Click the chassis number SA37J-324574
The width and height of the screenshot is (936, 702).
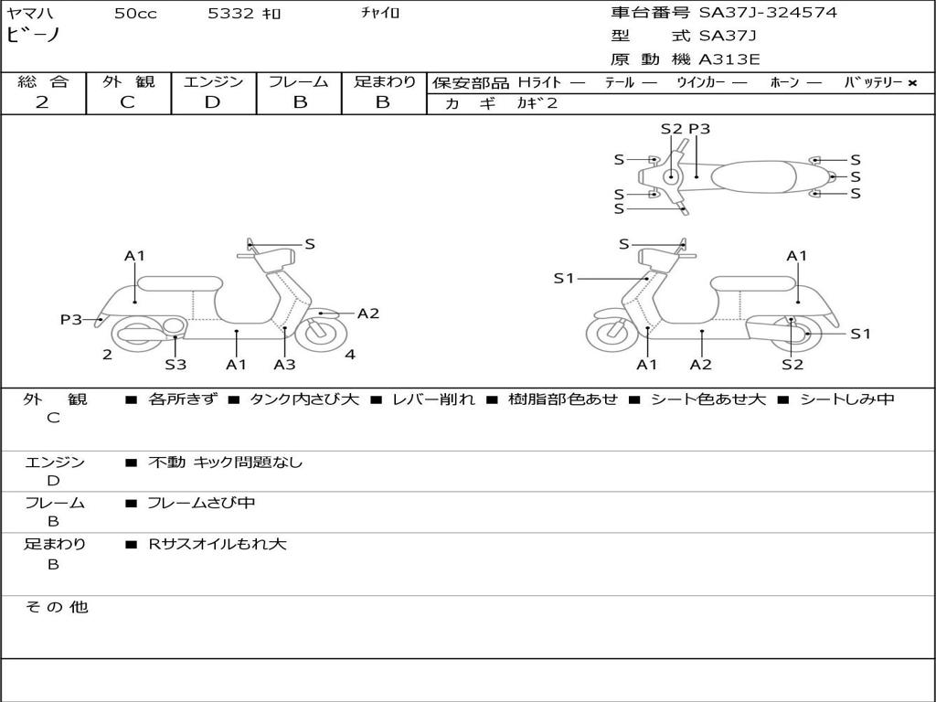pos(768,13)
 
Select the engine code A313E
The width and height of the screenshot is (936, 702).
pos(729,60)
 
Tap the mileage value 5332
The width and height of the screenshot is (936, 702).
pos(229,14)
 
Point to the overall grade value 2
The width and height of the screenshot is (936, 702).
pos(42,102)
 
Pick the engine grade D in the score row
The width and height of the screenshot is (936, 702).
pos(212,102)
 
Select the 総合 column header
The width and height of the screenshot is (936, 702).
pos(43,82)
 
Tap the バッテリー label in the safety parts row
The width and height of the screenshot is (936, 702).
pos(874,83)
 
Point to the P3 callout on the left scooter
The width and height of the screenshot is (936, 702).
pos(70,319)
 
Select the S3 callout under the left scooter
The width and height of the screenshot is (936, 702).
pos(175,365)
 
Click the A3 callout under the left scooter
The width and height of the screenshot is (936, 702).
pos(284,365)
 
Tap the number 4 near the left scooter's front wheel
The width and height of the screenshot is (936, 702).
pos(350,355)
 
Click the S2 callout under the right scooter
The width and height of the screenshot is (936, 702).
pos(792,365)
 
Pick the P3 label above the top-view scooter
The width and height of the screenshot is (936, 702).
pos(699,129)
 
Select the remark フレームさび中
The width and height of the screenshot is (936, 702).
pos(201,503)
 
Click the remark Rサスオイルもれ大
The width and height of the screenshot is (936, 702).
pos(218,544)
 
